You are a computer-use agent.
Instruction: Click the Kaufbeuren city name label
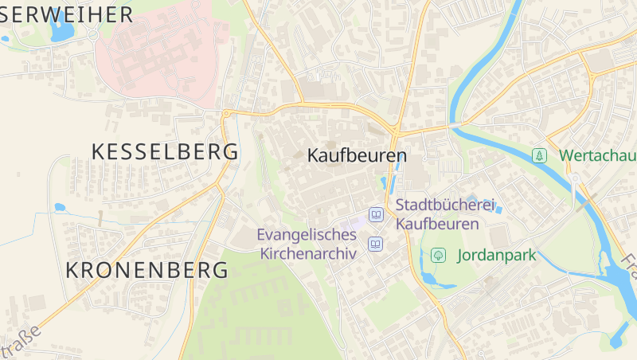point(357,156)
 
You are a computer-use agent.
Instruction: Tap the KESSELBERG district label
point(165,151)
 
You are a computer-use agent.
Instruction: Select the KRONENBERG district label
point(147,270)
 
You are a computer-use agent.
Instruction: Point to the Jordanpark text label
point(496,256)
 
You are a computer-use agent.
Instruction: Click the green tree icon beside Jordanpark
point(437,256)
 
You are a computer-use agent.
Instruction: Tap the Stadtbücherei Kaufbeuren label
point(437,214)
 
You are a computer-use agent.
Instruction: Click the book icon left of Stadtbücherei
point(375,214)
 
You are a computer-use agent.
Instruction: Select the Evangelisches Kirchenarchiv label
point(306,244)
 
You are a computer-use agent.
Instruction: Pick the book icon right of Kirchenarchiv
point(375,245)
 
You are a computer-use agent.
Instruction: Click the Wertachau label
point(597,155)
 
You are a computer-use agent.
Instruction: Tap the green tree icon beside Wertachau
point(540,155)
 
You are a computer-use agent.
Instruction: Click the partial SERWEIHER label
point(67,14)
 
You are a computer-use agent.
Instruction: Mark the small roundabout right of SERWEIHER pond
point(93,35)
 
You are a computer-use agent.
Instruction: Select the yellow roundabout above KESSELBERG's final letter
point(226,114)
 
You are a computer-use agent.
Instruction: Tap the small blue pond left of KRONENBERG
point(59,208)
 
